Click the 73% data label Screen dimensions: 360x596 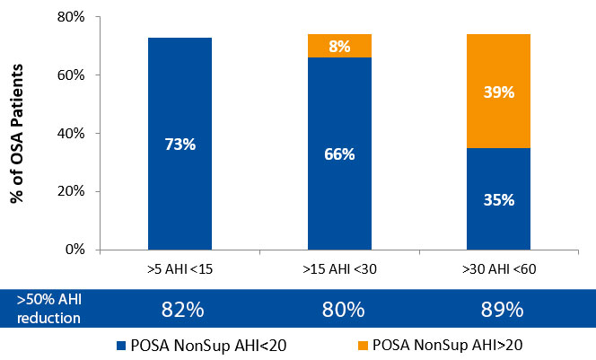pyautogui.click(x=180, y=145)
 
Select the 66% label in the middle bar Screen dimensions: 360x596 pyautogui.click(x=339, y=154)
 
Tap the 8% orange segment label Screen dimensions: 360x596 pyautogui.click(x=339, y=47)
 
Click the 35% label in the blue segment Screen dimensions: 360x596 pyautogui.click(x=498, y=199)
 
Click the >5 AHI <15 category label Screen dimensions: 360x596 pyautogui.click(x=180, y=269)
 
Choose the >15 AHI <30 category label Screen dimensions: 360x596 pyautogui.click(x=339, y=269)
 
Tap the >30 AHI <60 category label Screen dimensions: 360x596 pyautogui.click(x=498, y=269)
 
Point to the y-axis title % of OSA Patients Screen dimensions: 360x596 pyautogui.click(x=17, y=133)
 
